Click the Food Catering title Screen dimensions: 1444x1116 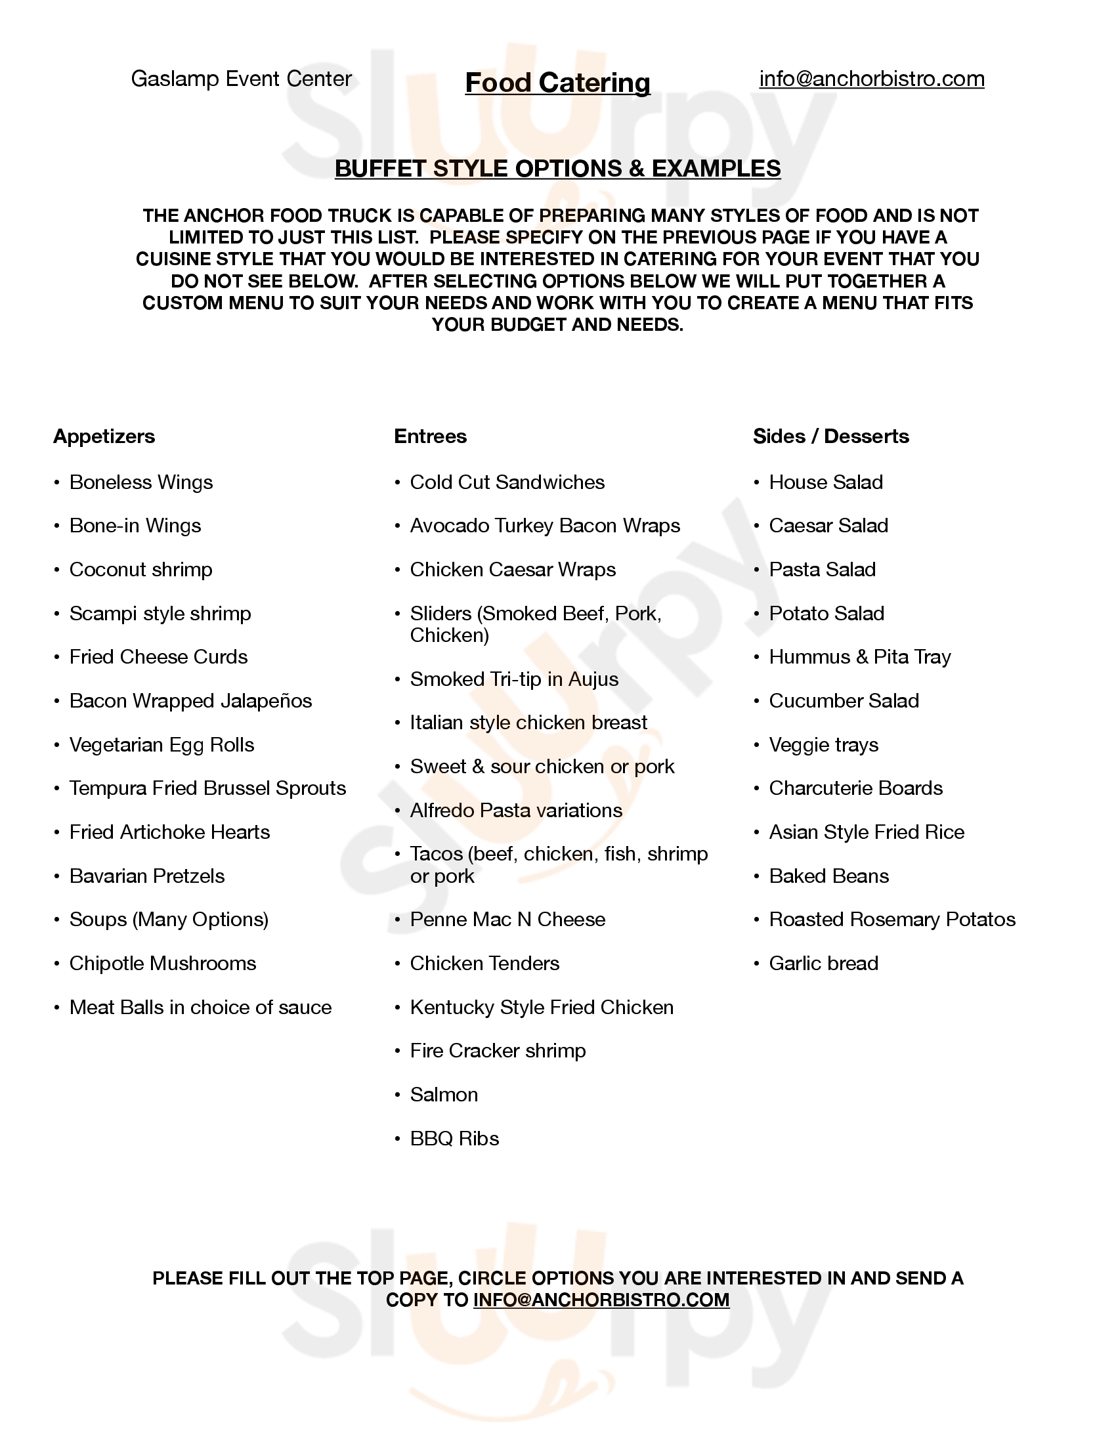557,83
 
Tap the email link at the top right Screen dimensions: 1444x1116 871,79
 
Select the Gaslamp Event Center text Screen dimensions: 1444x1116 242,79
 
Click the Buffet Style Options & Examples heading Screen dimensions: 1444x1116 557,169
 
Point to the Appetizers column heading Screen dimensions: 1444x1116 104,436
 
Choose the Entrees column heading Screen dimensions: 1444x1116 431,436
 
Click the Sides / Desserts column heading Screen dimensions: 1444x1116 831,436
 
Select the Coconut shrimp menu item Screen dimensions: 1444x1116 141,570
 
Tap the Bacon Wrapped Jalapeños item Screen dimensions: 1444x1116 190,701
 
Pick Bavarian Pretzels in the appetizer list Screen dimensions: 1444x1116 147,876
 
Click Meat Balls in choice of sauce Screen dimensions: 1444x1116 200,1008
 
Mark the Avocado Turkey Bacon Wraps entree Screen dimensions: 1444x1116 545,526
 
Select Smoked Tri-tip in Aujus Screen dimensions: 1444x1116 514,680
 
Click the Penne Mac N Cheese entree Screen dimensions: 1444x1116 507,920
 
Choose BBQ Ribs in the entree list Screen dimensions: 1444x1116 454,1139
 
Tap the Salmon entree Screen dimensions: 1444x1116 444,1095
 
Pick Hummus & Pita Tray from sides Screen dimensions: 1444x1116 859,657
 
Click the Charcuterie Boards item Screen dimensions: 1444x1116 855,788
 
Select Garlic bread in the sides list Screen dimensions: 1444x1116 823,964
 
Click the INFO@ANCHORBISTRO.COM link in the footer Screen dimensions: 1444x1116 601,1300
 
